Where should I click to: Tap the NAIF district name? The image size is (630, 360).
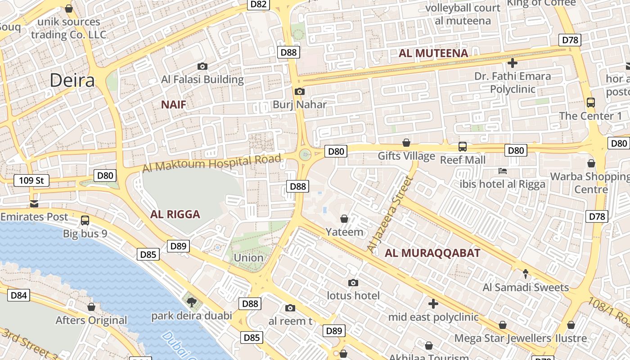point(174,105)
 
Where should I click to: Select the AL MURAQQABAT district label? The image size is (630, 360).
point(432,253)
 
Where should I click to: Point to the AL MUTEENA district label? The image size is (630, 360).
point(433,54)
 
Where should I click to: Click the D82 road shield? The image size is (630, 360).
point(259,4)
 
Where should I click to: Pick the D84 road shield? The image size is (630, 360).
point(19,295)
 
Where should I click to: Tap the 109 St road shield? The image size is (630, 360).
point(31,180)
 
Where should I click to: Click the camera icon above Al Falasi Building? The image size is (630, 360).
point(202,66)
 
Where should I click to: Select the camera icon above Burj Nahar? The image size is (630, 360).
point(299,91)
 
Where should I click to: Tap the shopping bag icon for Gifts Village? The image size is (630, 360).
point(406,143)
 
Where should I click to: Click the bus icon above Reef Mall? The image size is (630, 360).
point(462,146)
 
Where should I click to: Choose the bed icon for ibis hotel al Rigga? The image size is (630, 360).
point(503,171)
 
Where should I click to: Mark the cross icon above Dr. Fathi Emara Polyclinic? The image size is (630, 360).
point(512,63)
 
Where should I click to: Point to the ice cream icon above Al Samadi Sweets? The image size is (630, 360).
point(526,274)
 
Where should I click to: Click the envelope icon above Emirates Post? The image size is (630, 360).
point(34,203)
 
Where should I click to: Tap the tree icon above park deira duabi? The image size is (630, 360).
point(192,302)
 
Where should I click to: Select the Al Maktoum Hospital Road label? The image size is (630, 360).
point(211,163)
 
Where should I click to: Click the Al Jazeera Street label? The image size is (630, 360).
point(390,214)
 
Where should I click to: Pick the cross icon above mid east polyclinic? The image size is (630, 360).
point(433,304)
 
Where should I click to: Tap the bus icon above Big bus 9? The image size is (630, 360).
point(85,220)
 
